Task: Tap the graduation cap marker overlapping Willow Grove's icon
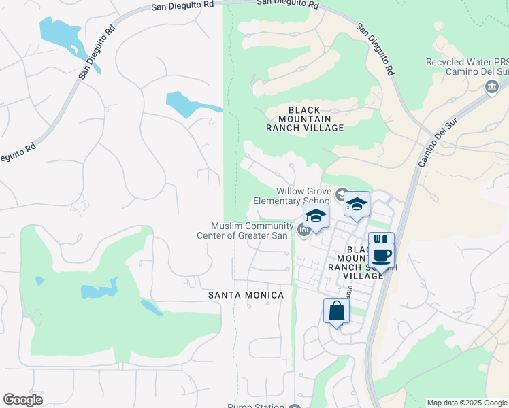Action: click(357, 205)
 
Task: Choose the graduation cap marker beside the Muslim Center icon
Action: click(316, 218)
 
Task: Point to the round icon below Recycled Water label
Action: click(491, 86)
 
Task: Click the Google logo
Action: click(23, 400)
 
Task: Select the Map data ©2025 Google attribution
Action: click(467, 403)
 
